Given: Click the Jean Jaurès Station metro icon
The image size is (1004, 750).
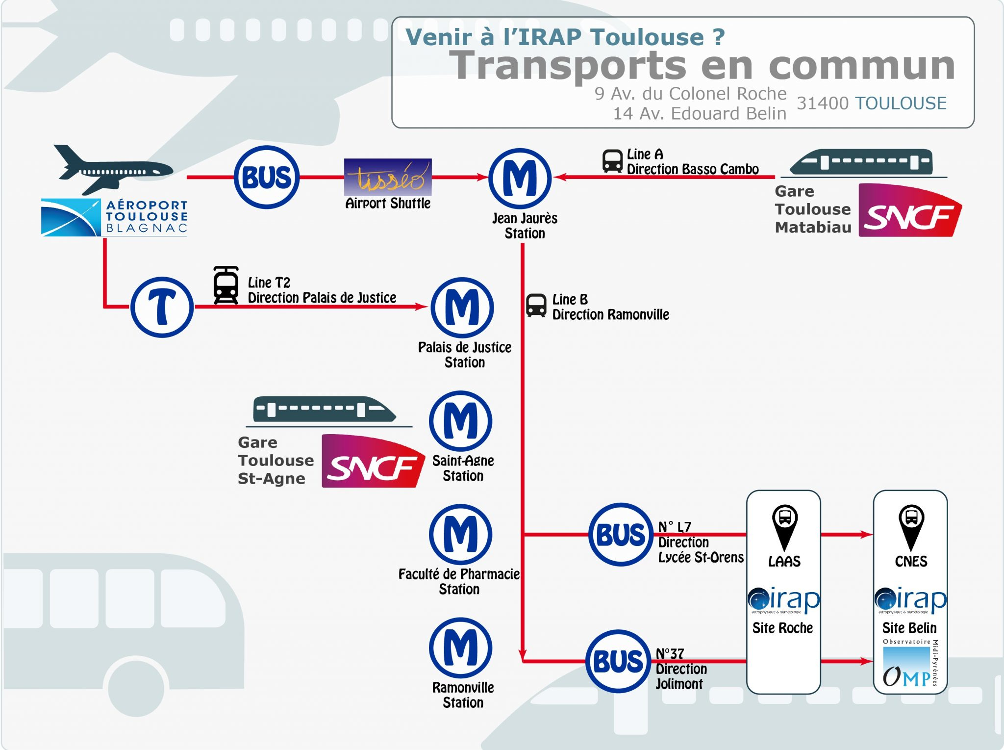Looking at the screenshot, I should (520, 179).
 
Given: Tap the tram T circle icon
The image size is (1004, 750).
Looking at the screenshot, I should (162, 307).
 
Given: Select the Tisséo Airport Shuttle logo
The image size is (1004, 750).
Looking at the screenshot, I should (388, 177).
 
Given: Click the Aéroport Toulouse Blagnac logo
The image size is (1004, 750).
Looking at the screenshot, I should (114, 217).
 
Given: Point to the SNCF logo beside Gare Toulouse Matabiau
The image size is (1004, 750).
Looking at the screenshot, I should (910, 211).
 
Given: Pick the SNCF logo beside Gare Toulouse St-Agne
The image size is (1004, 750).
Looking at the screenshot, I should (373, 462).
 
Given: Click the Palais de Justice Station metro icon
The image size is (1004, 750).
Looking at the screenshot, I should (462, 308).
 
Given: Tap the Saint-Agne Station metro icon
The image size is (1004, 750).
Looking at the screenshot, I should (460, 421).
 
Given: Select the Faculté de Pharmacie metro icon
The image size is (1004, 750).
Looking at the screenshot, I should (460, 534).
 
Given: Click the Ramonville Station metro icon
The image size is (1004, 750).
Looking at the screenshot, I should (460, 647).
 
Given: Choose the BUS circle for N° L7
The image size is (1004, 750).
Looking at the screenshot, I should (620, 534).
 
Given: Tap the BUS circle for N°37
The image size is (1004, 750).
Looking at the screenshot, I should (618, 661).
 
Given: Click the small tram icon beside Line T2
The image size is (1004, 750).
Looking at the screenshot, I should (226, 285).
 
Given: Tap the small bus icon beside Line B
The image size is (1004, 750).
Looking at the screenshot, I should (536, 305).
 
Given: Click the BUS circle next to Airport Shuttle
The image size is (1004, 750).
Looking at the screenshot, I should (267, 177).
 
